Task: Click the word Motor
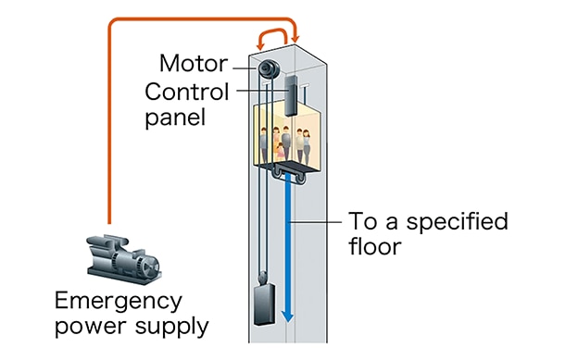(x=194, y=63)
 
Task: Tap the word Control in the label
(x=187, y=92)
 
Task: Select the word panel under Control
(x=175, y=118)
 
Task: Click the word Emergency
(x=119, y=302)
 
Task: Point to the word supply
(x=172, y=327)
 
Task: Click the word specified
(x=458, y=221)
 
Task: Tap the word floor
(x=375, y=246)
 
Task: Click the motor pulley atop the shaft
(x=268, y=68)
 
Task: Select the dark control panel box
(x=291, y=95)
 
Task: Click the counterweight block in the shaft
(x=265, y=304)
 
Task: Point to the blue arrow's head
(x=287, y=316)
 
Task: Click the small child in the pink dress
(x=280, y=152)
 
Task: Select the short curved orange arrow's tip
(x=259, y=47)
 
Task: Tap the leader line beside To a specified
(x=316, y=222)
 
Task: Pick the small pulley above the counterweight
(x=263, y=278)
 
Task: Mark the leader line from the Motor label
(x=245, y=68)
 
